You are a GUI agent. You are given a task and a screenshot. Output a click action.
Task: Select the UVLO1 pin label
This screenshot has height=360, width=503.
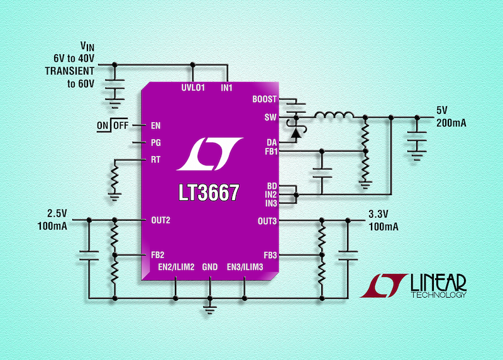point(189,87)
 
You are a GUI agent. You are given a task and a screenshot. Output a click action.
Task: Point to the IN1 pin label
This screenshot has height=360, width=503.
point(226,87)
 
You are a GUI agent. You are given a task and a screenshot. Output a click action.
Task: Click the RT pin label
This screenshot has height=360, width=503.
point(155,159)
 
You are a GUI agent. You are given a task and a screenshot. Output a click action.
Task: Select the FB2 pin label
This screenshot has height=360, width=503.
point(157,255)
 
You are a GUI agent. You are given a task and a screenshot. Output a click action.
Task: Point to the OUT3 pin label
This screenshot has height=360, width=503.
point(267,221)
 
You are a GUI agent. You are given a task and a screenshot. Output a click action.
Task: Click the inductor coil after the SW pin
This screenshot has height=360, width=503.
point(333,116)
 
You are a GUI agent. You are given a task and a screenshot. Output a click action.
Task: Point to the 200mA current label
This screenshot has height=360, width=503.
point(451,124)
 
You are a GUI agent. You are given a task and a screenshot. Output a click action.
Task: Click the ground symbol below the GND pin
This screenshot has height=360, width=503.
point(209,308)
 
